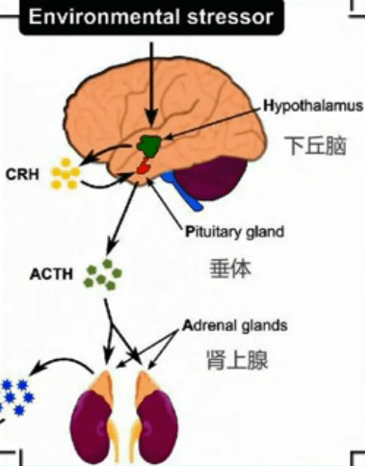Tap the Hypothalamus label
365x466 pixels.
(x=313, y=106)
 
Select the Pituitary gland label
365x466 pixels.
(x=235, y=232)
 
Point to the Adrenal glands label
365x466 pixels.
(x=235, y=326)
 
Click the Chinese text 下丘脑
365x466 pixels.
(x=315, y=145)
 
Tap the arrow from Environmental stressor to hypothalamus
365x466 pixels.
(x=152, y=83)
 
